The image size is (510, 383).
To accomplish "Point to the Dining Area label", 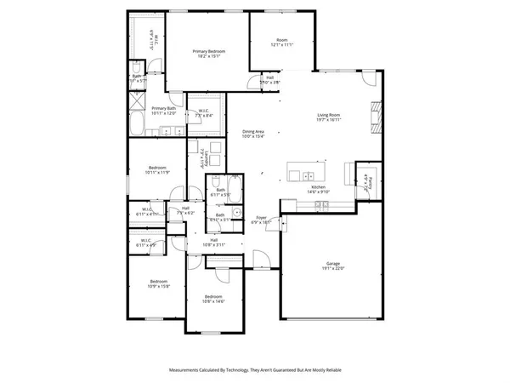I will [253, 134].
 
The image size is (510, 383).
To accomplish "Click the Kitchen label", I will [318, 189].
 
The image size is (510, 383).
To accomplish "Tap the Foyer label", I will [263, 220].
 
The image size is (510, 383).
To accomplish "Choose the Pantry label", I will [364, 181].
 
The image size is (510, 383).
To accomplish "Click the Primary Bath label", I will [163, 111].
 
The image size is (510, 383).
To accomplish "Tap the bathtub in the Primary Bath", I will [137, 120].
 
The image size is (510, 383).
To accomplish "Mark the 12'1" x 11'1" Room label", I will [282, 43].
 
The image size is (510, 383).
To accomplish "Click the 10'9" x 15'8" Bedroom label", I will [159, 283].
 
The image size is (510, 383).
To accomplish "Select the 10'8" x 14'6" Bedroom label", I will [212, 299].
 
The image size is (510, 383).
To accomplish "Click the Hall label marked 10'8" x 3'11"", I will [218, 243].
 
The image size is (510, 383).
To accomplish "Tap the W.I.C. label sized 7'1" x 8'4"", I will [205, 113].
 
